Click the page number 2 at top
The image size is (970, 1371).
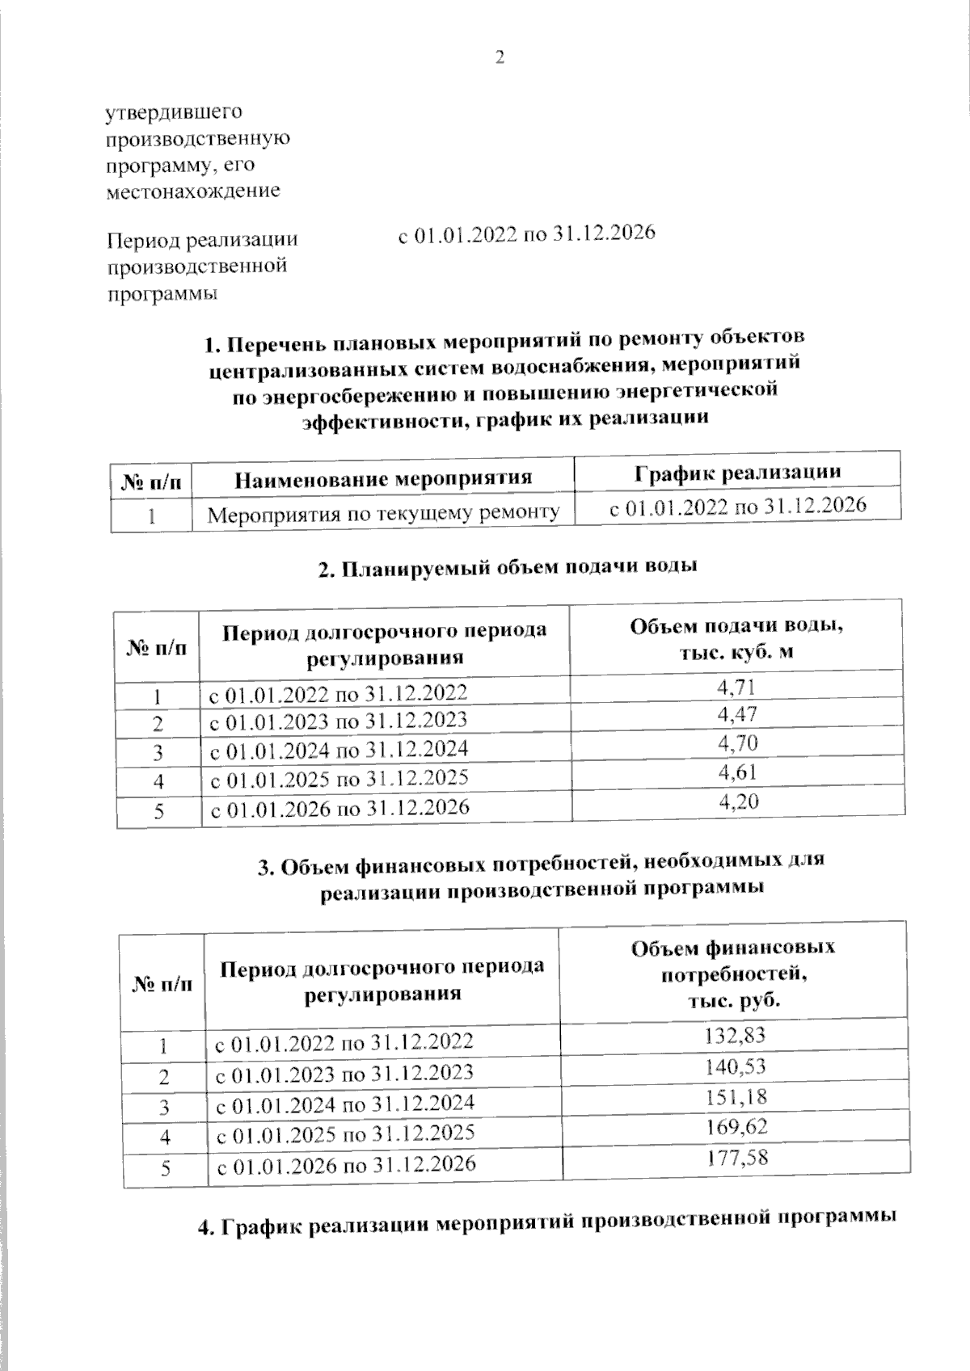(x=499, y=57)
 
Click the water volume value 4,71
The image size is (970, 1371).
(x=736, y=688)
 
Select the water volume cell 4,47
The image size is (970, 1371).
(x=736, y=715)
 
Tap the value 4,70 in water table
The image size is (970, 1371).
(x=737, y=743)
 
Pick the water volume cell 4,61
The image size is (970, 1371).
(x=738, y=772)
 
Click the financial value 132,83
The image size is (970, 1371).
(x=735, y=1035)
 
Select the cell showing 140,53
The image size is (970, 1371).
(x=735, y=1066)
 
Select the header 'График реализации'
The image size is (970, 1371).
(x=736, y=472)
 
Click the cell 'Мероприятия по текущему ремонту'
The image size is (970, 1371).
(x=383, y=512)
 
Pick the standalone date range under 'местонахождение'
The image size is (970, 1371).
(x=526, y=234)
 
